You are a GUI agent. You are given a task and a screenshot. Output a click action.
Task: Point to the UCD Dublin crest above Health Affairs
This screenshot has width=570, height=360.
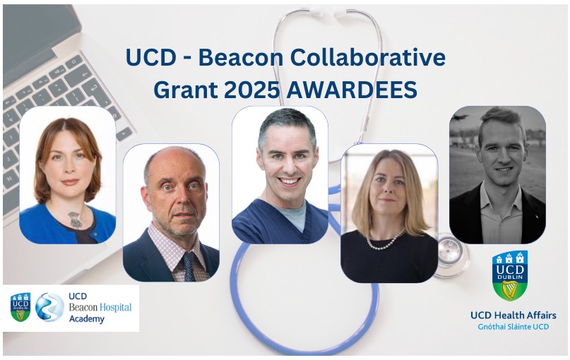(x=509, y=275)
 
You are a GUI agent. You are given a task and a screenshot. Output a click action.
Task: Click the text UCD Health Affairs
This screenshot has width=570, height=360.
(x=513, y=315)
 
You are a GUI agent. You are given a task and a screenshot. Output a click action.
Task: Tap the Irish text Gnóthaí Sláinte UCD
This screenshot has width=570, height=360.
(x=513, y=328)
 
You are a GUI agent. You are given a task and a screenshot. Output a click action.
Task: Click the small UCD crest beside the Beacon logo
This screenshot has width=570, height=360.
(x=20, y=307)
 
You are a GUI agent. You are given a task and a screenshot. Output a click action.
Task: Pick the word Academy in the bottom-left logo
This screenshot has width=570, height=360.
(x=87, y=318)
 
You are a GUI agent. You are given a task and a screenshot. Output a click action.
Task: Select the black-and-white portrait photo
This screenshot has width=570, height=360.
(x=497, y=174)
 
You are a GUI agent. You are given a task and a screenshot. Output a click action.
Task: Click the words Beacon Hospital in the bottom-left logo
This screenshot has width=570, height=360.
(x=100, y=307)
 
